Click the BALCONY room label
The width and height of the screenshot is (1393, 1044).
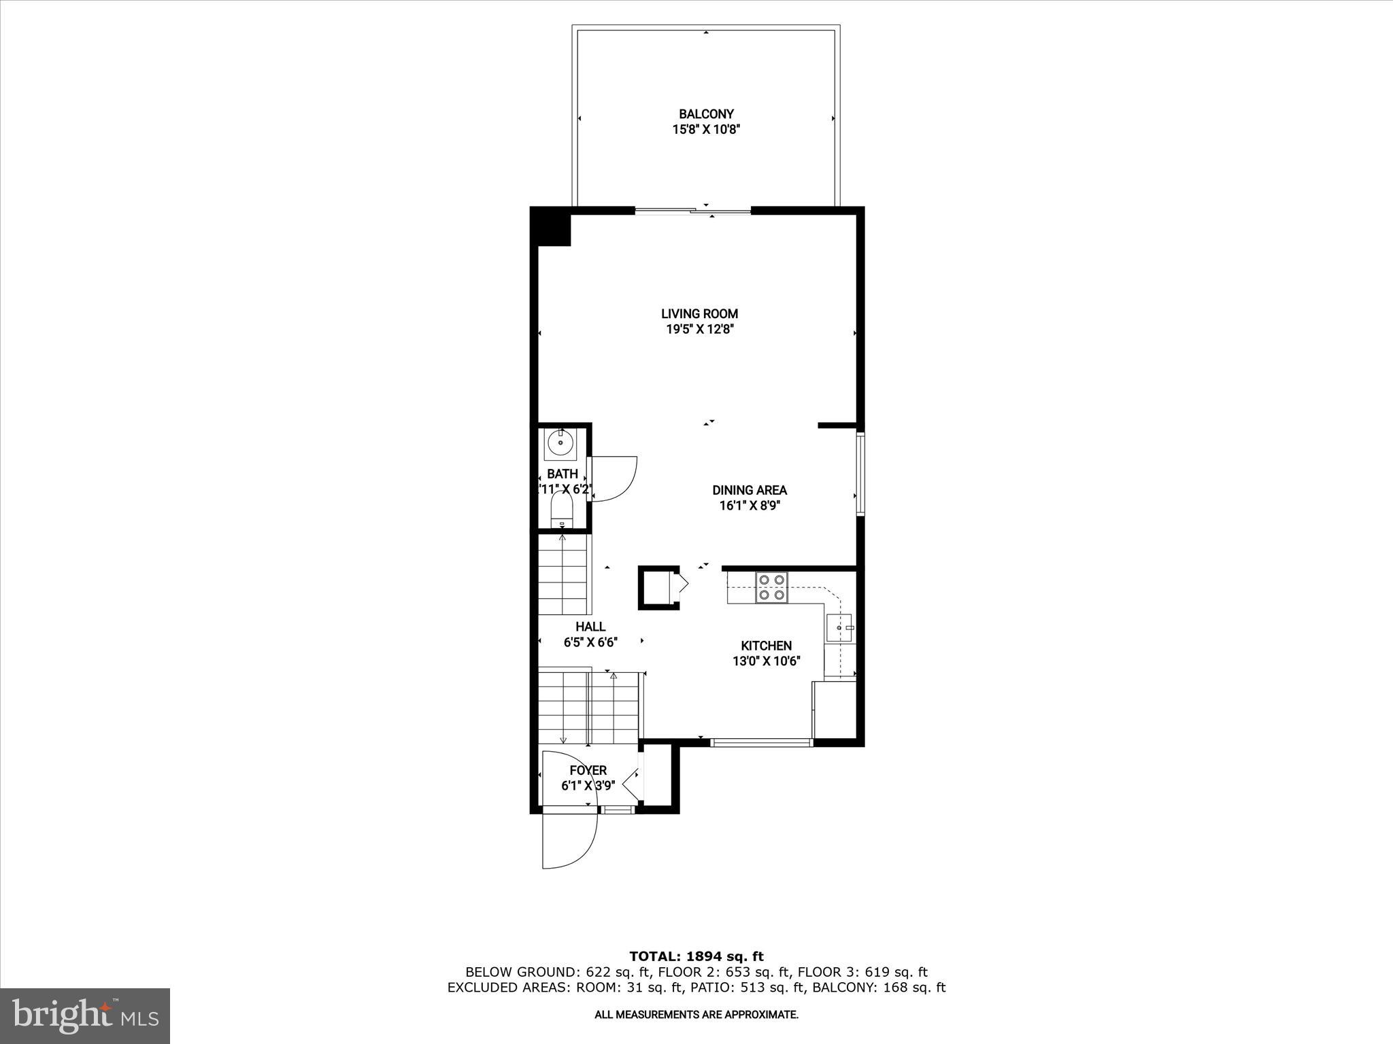(706, 114)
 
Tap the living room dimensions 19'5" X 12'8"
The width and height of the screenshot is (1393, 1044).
(699, 330)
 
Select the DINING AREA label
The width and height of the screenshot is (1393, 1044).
(750, 490)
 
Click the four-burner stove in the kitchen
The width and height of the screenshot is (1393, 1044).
(771, 588)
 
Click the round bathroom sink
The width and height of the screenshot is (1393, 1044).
(560, 444)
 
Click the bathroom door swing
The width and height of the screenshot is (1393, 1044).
(612, 478)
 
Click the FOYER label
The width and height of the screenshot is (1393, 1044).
(588, 770)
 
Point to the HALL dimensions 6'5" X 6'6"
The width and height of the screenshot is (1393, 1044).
(590, 642)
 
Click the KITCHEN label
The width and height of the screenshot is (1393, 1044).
(766, 646)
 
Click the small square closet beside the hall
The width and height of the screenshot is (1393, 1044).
(658, 587)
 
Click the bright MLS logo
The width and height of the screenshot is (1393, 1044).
(85, 1016)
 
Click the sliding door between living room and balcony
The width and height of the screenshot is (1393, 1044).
(692, 211)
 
